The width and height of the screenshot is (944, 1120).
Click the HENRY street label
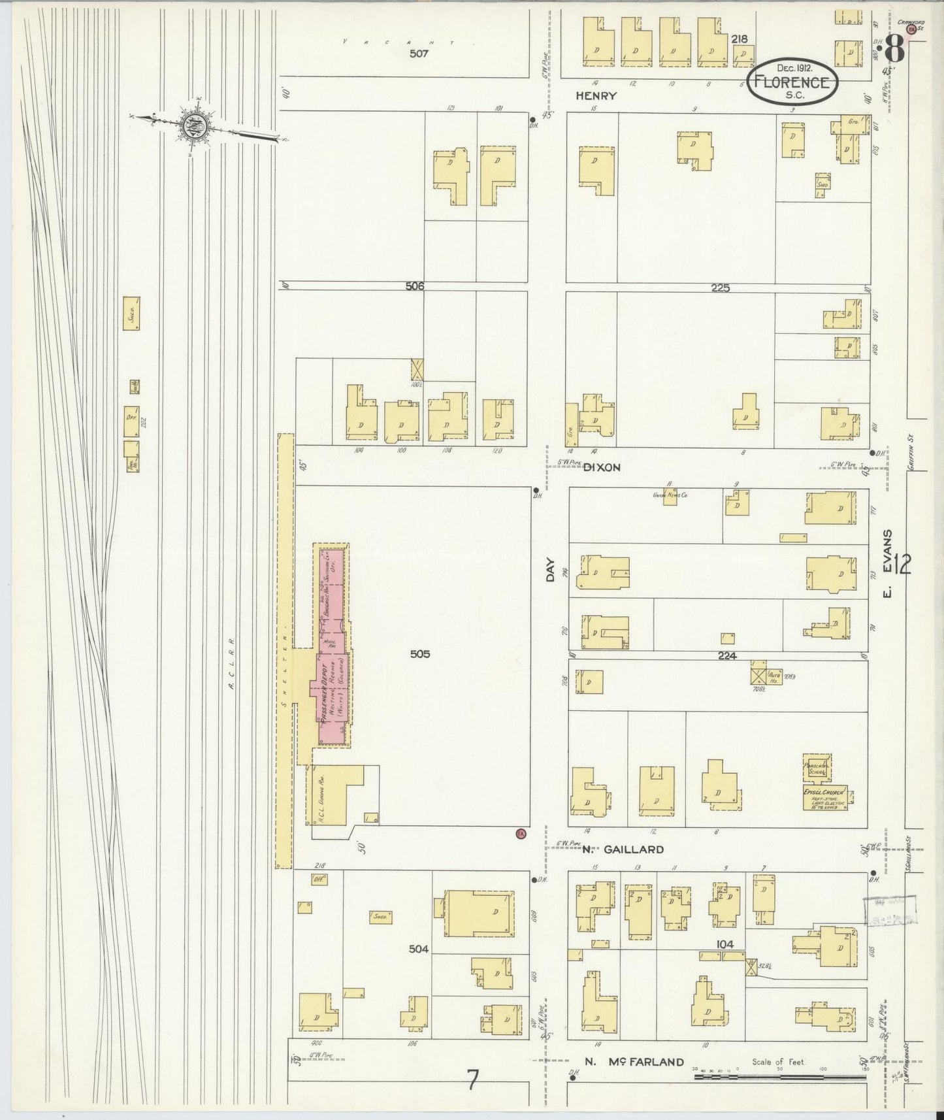point(596,96)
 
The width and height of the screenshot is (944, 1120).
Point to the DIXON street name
point(601,467)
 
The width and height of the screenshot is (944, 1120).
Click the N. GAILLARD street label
point(623,849)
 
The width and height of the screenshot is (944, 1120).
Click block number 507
point(418,54)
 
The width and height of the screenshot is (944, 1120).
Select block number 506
point(414,286)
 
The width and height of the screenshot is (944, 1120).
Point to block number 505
point(420,653)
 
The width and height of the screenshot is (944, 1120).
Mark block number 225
point(720,288)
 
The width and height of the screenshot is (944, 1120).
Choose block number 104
point(724,944)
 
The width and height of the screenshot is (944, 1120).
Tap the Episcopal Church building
point(824,797)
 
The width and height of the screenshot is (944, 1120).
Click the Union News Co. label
point(670,495)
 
